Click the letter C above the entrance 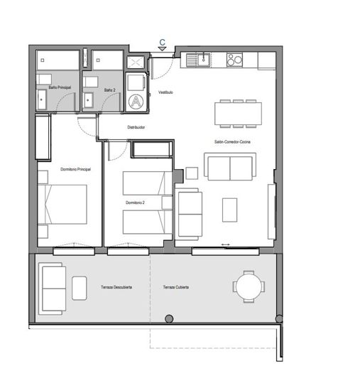click(163, 43)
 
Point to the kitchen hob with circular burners click(235, 60)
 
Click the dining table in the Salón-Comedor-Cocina click(239, 112)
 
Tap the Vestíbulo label click(165, 92)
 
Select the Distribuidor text click(136, 127)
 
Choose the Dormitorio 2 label click(135, 203)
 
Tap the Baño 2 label click(109, 90)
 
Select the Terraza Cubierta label click(175, 287)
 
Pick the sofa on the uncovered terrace click(53, 288)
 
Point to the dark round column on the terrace click(169, 318)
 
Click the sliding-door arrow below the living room click(225, 245)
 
